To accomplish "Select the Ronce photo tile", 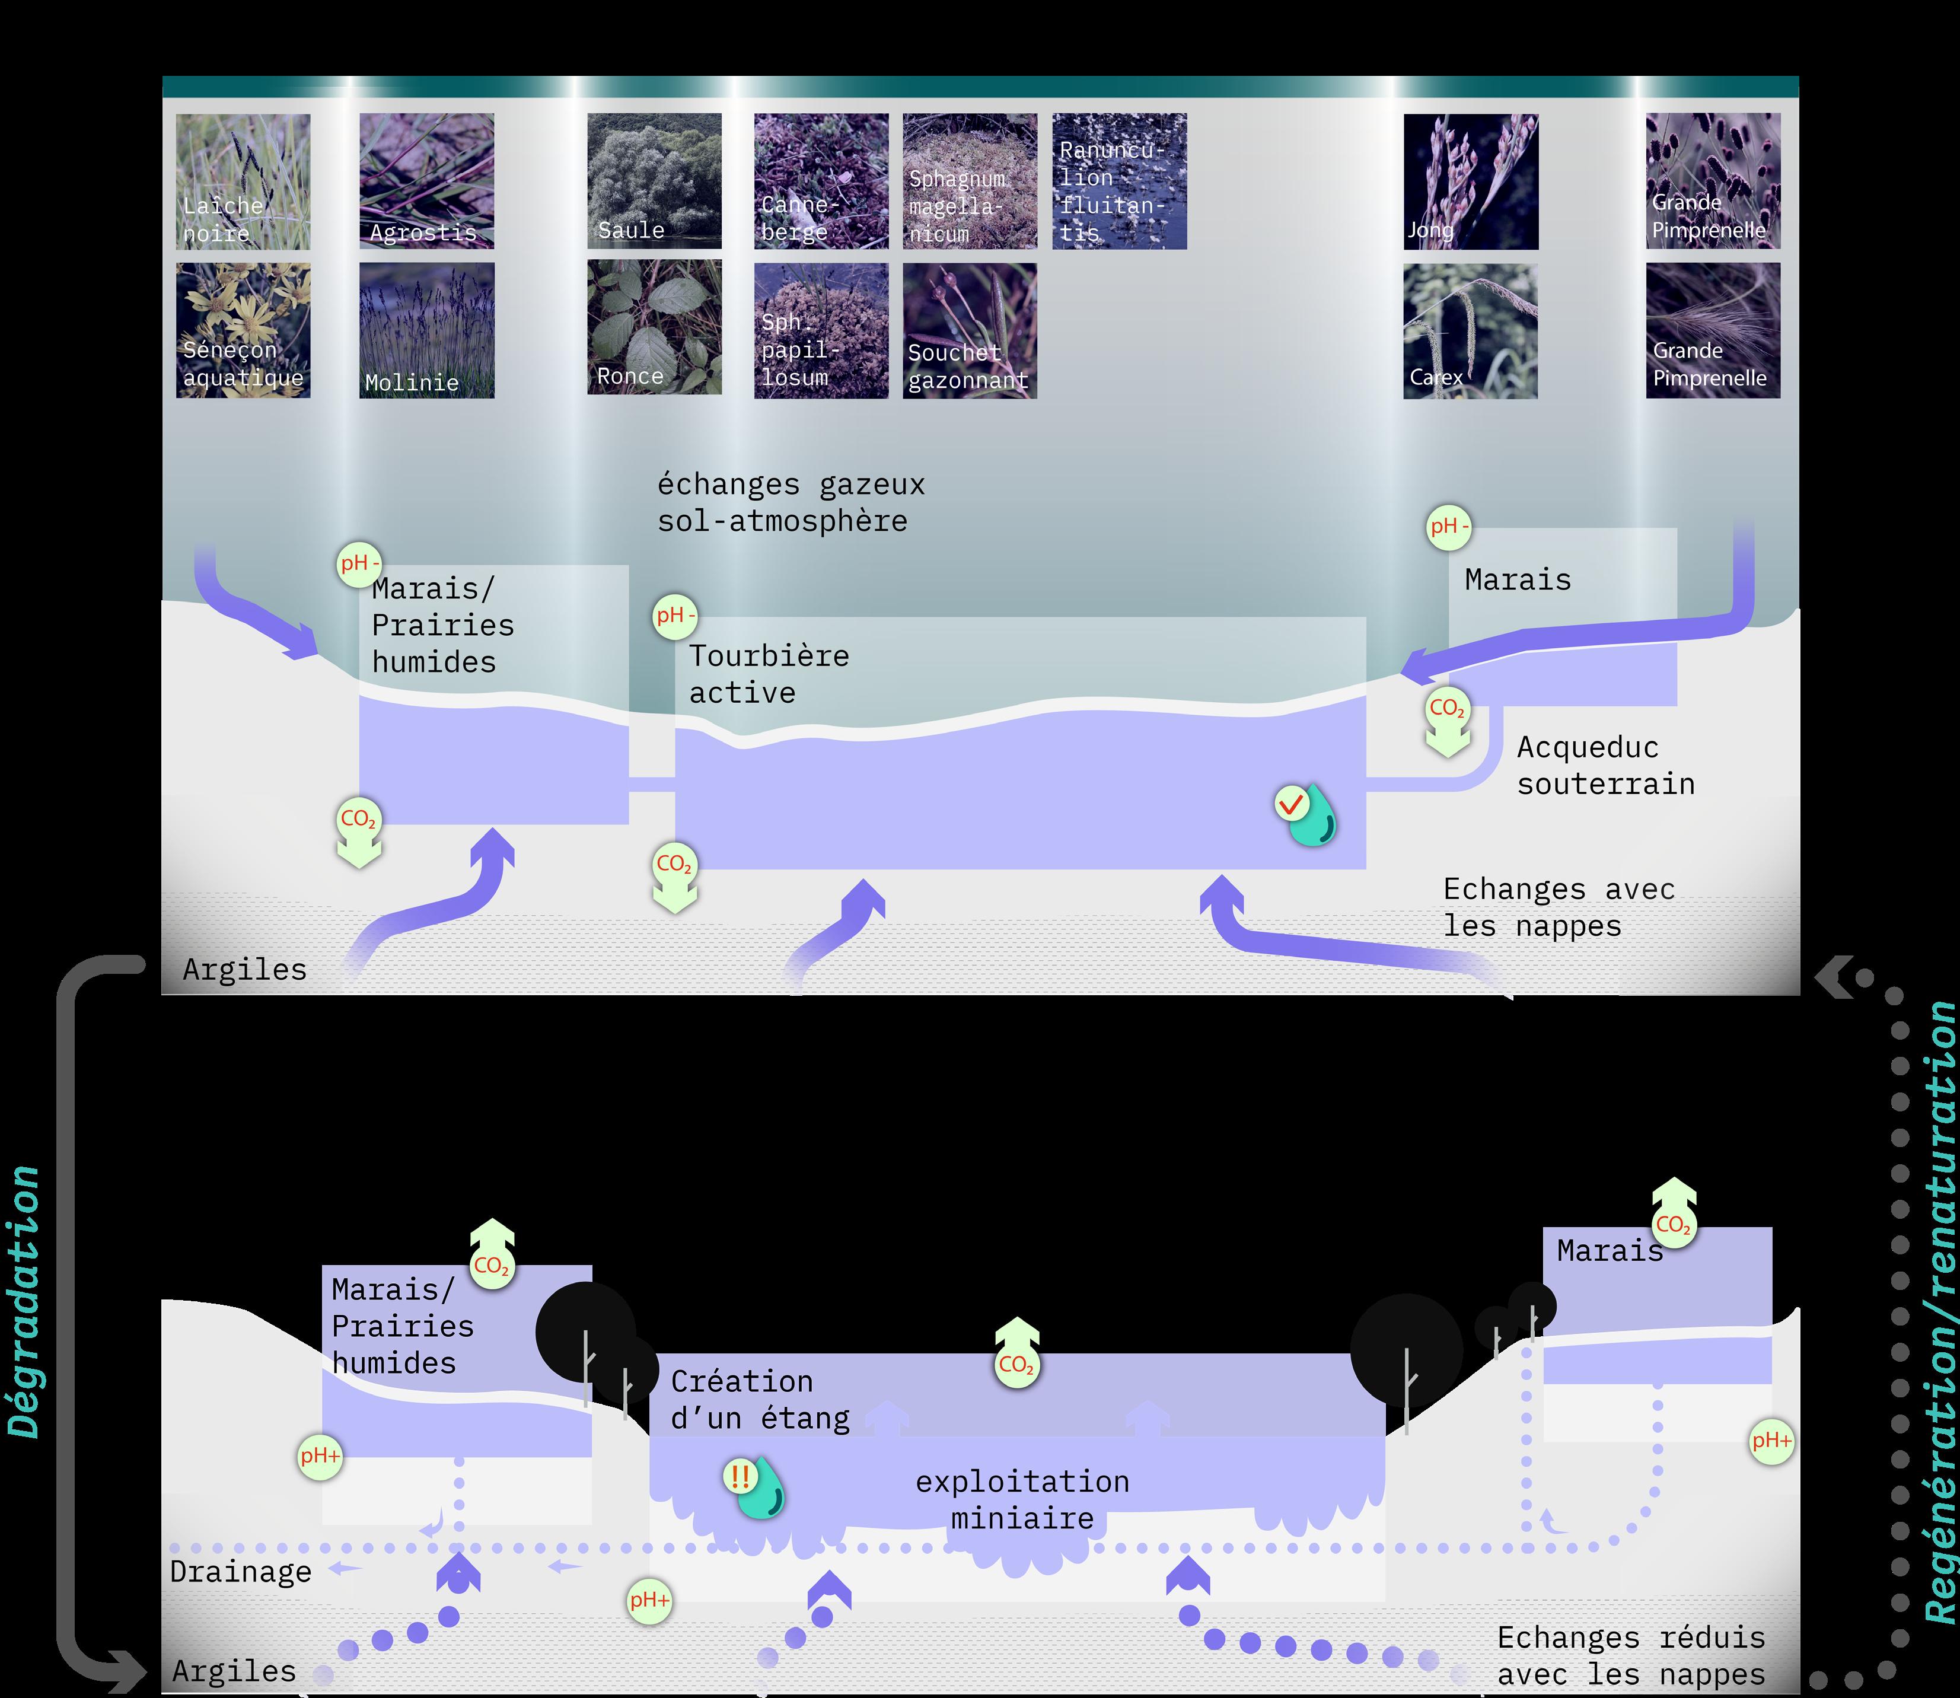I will [654, 328].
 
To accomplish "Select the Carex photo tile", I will [1470, 331].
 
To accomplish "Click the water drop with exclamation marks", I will [757, 1487].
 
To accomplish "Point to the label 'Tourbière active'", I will [768, 674].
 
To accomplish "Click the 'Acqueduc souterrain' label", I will [1605, 766].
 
